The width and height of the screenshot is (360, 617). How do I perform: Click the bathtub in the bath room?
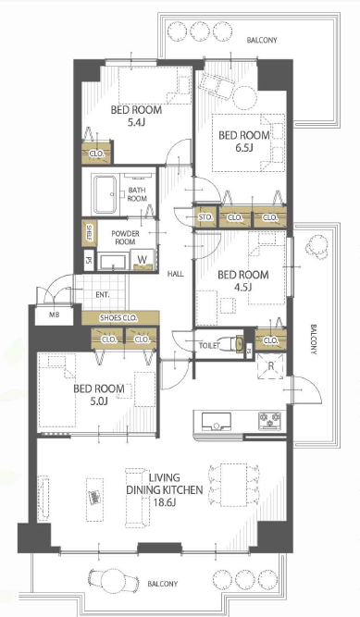(106, 193)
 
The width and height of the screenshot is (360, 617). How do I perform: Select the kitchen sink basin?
(217, 422)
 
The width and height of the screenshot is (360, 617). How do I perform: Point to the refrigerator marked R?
(270, 366)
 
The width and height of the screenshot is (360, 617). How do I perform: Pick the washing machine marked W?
(143, 260)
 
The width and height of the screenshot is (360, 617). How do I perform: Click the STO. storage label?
(205, 216)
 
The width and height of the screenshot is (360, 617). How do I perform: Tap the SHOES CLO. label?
(118, 318)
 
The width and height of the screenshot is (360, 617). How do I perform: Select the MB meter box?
(54, 315)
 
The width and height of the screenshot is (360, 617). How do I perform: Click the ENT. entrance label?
(103, 294)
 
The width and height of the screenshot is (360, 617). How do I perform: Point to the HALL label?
(175, 274)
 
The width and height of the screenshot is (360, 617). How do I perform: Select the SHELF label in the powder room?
(90, 233)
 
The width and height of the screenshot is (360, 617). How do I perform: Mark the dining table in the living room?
(233, 485)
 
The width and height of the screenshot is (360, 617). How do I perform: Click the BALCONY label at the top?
(262, 40)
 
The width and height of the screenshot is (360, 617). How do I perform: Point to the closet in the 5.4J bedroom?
(97, 152)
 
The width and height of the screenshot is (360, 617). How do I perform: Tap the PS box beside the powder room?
(89, 260)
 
